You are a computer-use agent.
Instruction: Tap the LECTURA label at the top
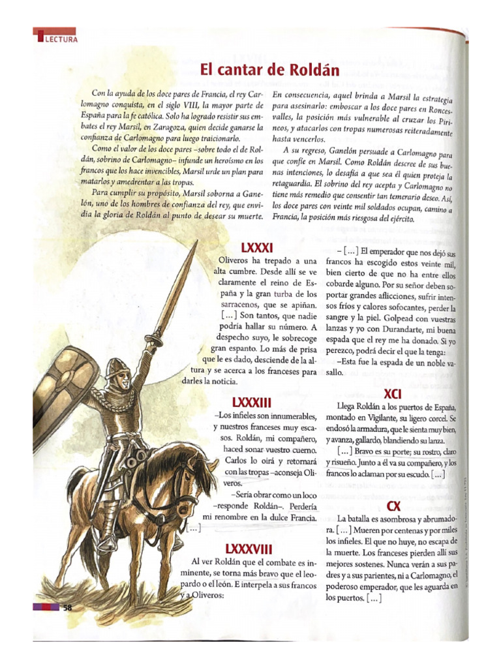61,39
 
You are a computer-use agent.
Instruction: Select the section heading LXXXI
256,248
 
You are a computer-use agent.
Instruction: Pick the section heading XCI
393,394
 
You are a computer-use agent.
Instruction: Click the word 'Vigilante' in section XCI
386,418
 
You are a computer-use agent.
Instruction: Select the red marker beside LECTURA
40,38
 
